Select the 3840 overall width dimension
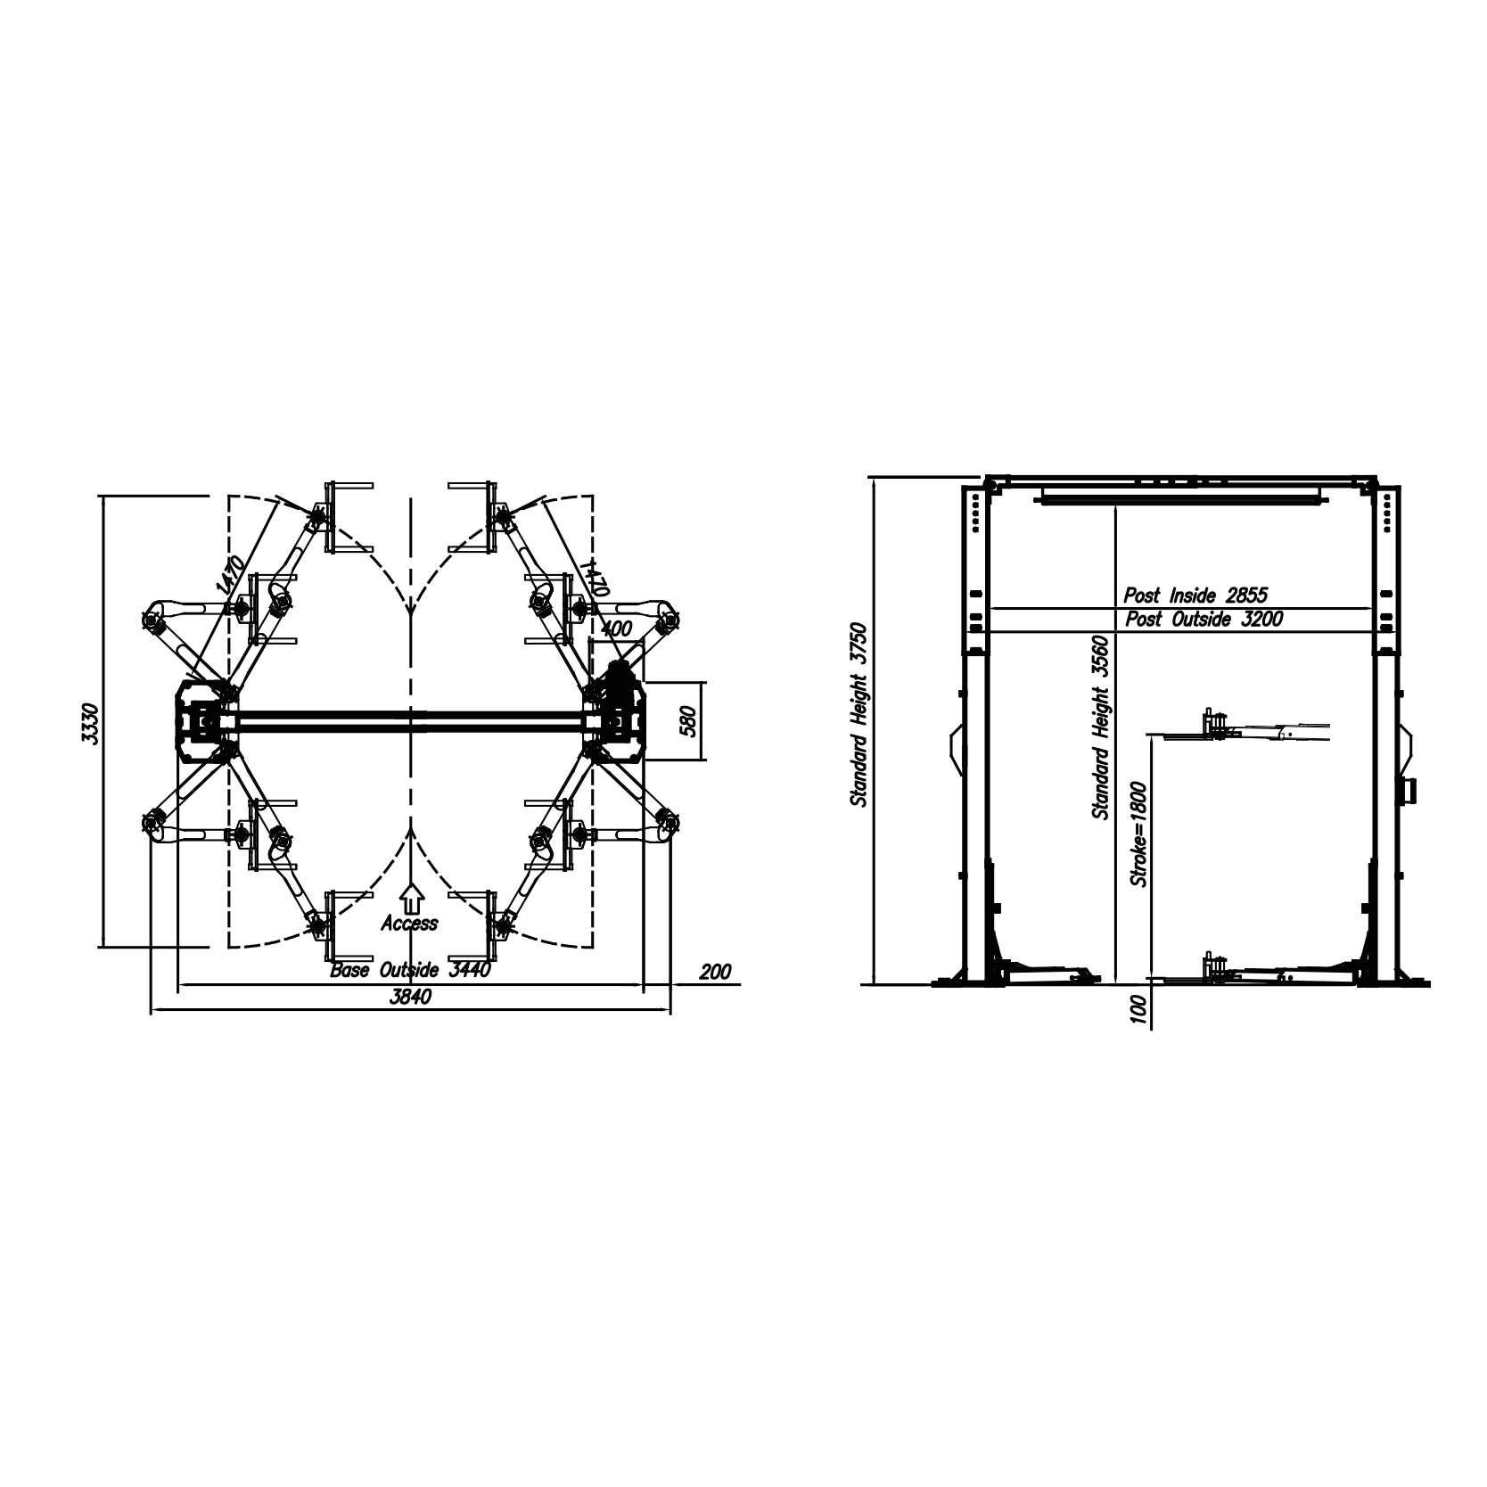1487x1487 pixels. click(411, 998)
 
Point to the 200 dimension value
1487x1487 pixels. click(715, 972)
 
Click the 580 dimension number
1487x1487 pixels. click(686, 720)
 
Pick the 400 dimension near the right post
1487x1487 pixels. click(615, 628)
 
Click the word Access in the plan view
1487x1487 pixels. click(409, 924)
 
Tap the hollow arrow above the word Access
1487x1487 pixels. click(410, 896)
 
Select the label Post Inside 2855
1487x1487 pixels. click(1195, 596)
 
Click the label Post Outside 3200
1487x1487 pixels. click(1204, 620)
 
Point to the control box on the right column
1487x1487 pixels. click(1409, 790)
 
